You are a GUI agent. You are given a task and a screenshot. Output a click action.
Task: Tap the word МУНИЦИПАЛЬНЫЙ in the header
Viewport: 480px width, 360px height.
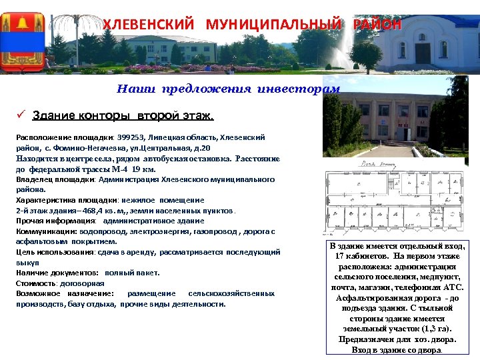[x=273, y=25]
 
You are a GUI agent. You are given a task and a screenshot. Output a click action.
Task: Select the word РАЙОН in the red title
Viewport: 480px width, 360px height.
[x=377, y=25]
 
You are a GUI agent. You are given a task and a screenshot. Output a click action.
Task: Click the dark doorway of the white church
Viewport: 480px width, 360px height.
[x=423, y=52]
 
